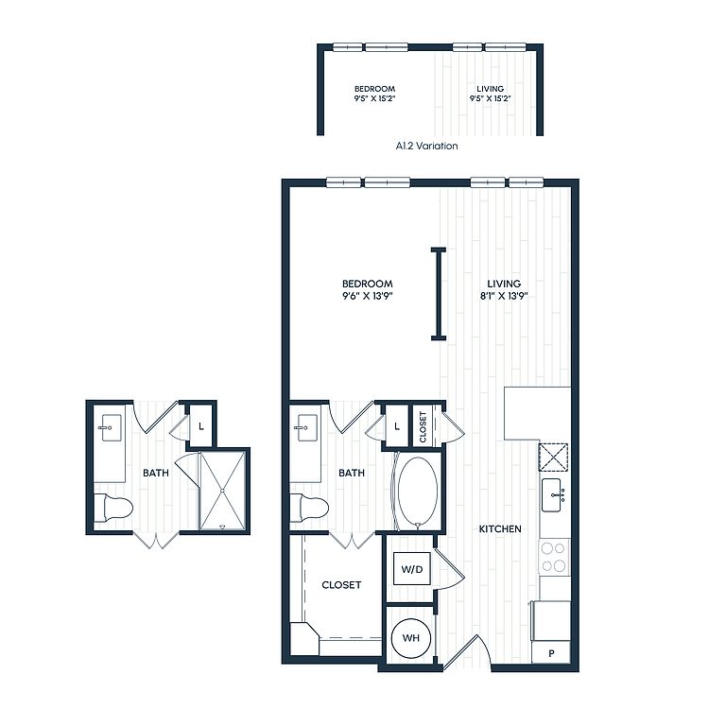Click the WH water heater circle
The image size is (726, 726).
point(411,638)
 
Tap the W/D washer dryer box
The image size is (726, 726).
point(412,568)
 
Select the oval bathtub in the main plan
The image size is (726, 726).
point(418,492)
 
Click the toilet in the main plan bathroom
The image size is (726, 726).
point(309,508)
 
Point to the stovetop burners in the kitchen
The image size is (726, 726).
point(554,557)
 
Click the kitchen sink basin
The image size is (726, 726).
point(551,495)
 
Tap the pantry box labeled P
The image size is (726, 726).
point(551,653)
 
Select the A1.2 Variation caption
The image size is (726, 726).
point(426,146)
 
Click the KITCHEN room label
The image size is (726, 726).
point(500,528)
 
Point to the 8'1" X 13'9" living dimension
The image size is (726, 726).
point(504,296)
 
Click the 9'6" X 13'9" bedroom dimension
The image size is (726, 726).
point(368,296)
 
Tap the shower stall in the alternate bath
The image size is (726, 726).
point(223,491)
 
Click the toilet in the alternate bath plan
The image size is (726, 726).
point(113,508)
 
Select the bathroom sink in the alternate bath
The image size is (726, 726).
point(112,427)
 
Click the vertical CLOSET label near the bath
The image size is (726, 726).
point(423,426)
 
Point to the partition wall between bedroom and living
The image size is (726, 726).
point(438,295)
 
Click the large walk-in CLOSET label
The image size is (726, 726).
point(341,585)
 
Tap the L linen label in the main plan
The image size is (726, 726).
point(397,426)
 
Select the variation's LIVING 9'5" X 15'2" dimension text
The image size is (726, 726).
point(491,94)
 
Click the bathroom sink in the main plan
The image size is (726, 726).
point(307,427)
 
